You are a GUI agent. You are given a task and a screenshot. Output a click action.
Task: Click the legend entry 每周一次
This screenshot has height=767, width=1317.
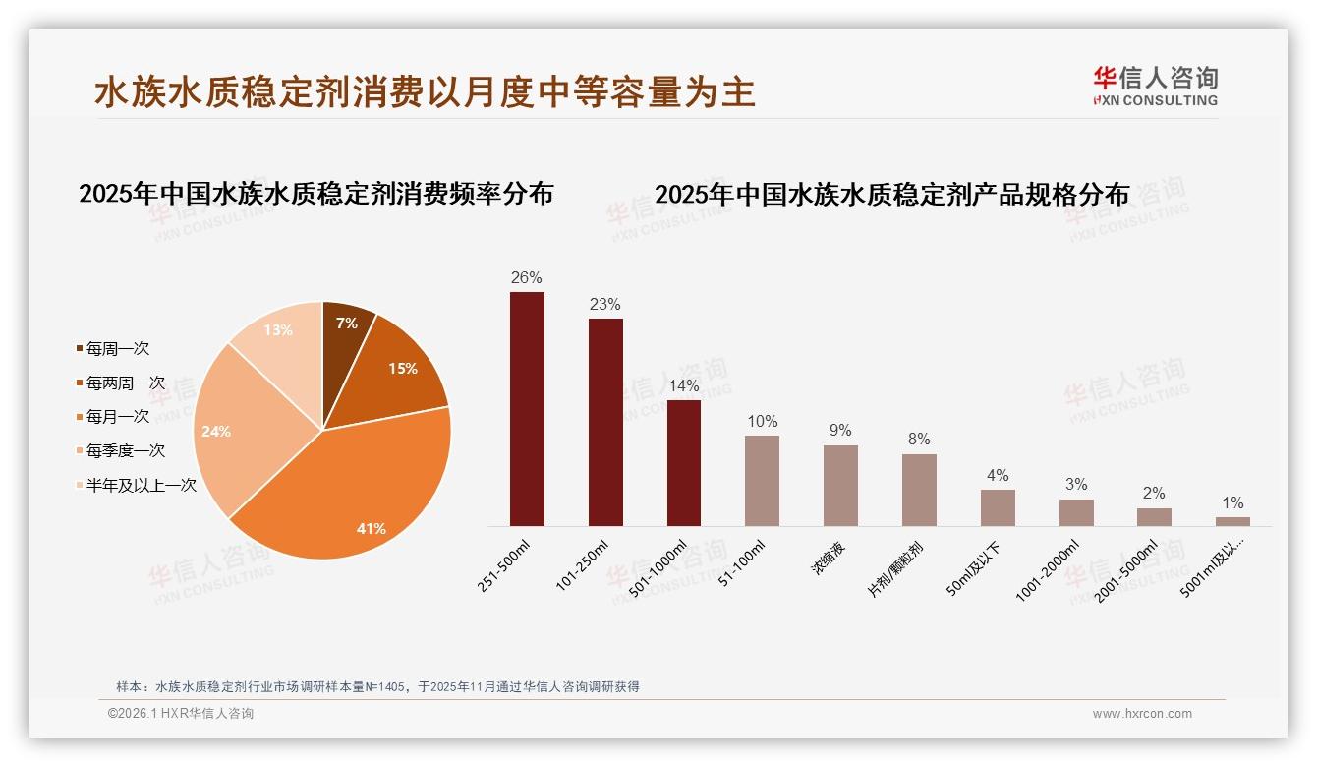(117, 349)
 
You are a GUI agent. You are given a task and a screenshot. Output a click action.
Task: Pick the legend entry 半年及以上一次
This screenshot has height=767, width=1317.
(141, 485)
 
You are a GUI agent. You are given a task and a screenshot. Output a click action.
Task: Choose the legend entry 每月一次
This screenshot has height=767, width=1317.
(117, 417)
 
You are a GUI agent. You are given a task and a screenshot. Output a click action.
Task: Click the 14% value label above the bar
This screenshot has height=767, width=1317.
(684, 385)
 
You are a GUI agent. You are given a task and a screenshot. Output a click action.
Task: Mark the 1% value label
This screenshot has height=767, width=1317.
(1232, 502)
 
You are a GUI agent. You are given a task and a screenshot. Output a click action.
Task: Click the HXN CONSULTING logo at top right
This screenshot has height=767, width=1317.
(1156, 86)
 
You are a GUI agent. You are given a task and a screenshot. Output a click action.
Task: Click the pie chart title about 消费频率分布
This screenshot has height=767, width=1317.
(316, 193)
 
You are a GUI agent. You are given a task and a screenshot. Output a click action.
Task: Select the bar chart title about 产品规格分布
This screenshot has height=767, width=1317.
(891, 194)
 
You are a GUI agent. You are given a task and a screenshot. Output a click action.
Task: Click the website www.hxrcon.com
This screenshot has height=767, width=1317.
(1142, 714)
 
